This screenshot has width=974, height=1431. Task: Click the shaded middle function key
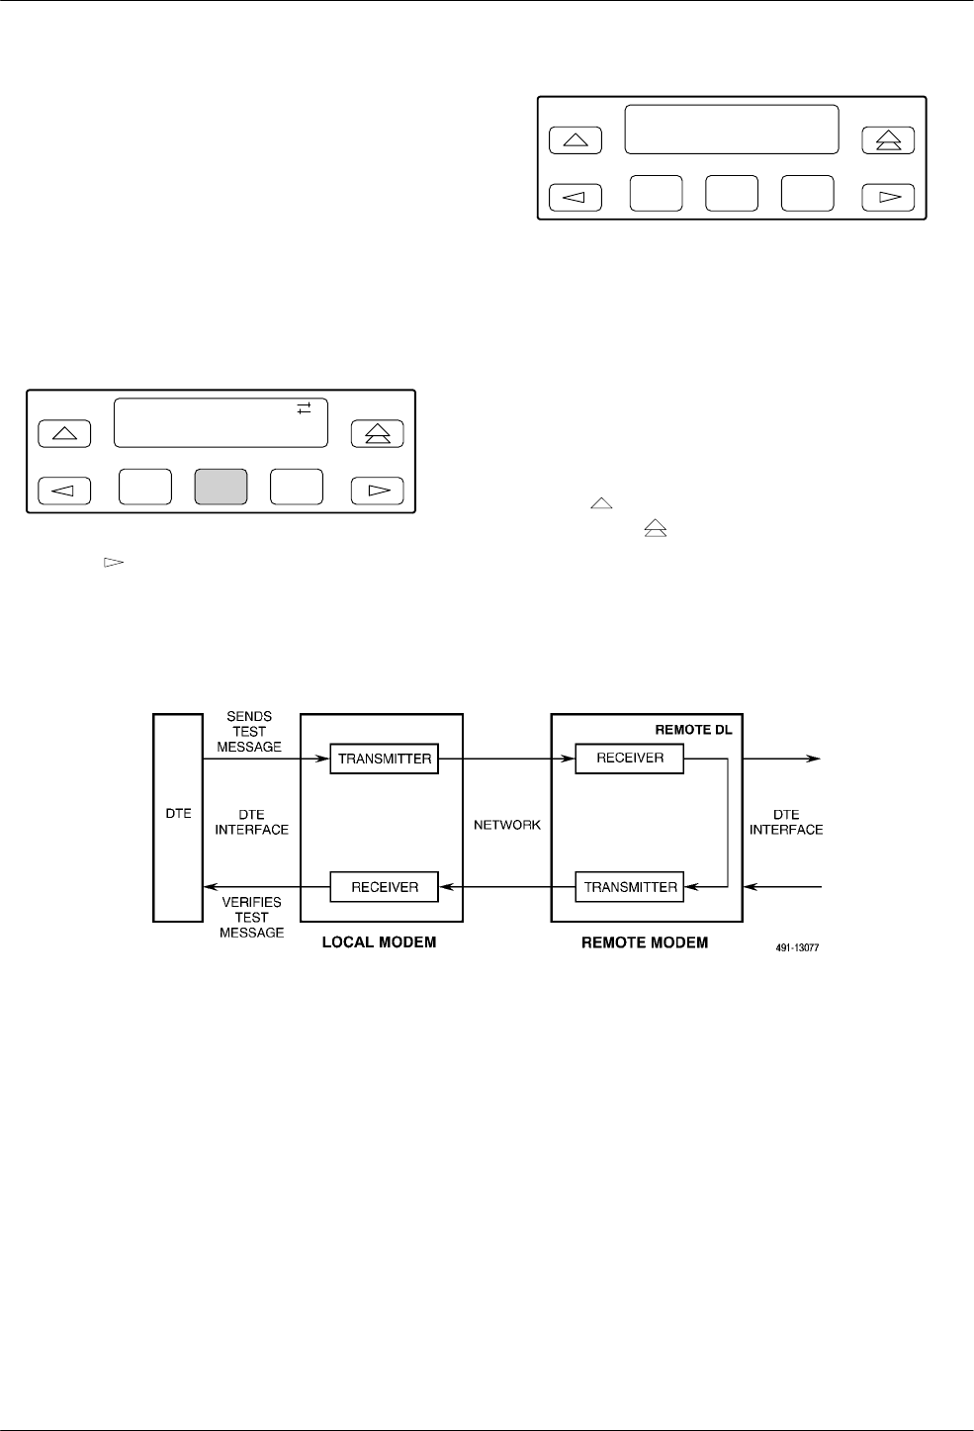221,488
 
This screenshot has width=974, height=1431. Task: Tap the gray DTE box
178,819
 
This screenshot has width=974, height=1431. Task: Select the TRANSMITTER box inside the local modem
384,759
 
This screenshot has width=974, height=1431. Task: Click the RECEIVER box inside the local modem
384,887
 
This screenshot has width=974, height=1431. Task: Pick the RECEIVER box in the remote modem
630,759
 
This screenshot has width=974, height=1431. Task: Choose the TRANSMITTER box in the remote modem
630,887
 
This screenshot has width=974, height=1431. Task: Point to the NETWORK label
507,825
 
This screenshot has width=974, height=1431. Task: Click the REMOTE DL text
693,729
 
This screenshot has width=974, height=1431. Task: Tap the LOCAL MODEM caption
379,942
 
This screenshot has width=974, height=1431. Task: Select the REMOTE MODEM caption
644,942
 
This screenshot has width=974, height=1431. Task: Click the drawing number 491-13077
796,947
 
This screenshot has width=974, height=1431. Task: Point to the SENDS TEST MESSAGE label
249,732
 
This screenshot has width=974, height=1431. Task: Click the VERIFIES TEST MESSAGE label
251,917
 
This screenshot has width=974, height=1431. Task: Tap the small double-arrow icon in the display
305,407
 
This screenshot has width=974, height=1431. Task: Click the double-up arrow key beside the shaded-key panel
378,433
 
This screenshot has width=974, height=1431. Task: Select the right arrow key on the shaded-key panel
378,491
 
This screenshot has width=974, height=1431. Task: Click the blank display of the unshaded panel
732,130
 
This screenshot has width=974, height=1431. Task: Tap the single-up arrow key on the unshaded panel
575,140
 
